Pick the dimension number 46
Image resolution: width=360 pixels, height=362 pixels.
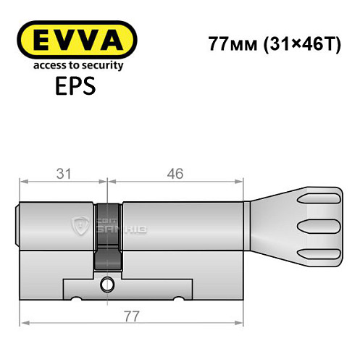pos(175,173)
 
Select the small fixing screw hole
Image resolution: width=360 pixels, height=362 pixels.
pos(109,283)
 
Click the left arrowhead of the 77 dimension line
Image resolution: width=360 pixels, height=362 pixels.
pos(23,323)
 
